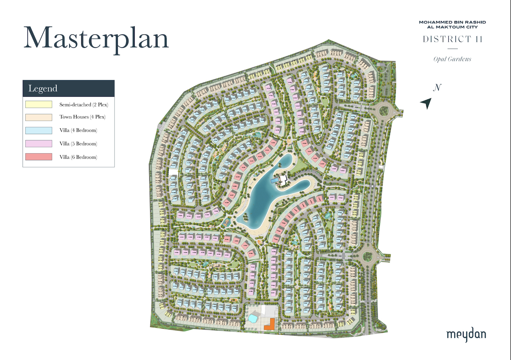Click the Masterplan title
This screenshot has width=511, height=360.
point(96,38)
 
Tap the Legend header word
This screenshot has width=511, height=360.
point(43,89)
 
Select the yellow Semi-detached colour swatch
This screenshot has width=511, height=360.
point(39,104)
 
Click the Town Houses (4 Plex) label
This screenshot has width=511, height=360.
point(82,117)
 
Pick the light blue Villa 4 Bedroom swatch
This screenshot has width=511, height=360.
point(39,130)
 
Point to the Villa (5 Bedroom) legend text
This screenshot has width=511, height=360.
point(78,144)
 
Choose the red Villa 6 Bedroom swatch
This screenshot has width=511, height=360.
point(39,157)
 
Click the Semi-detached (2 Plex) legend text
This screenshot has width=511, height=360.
point(84,105)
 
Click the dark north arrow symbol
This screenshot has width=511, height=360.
point(427,103)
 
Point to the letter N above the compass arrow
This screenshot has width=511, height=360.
point(437,88)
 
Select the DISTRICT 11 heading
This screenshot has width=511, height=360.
point(452,39)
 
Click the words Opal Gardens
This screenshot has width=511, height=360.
point(452,59)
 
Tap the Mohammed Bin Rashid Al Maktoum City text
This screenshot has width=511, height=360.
point(452,25)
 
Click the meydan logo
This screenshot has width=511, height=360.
point(466,335)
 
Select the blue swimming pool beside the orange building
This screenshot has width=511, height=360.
point(253,318)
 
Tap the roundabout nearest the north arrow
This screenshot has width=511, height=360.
point(383,111)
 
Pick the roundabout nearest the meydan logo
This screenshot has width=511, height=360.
point(368,256)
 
